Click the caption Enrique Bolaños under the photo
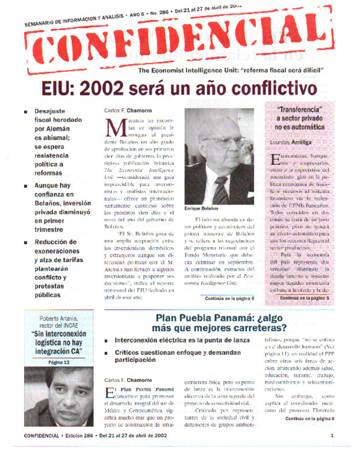pos(202,208)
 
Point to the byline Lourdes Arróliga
pos(290,141)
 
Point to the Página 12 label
pos(58,362)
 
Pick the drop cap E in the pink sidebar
pos(274,160)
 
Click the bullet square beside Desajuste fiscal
pos(25,111)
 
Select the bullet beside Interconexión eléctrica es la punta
pos(107,341)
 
